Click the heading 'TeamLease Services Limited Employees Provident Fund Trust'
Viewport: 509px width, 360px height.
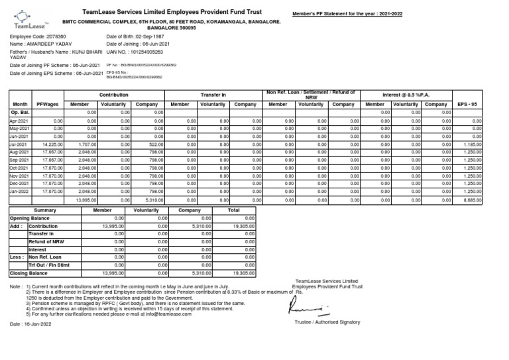172,12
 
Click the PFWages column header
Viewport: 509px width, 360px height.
48,105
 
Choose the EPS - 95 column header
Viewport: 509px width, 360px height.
468,105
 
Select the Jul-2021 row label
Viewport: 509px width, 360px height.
18,144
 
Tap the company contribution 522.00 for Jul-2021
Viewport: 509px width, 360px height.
156,144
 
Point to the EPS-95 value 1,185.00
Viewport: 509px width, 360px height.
473,144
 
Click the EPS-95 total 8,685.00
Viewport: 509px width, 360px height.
473,199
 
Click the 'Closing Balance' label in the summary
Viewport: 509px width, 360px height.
28,272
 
